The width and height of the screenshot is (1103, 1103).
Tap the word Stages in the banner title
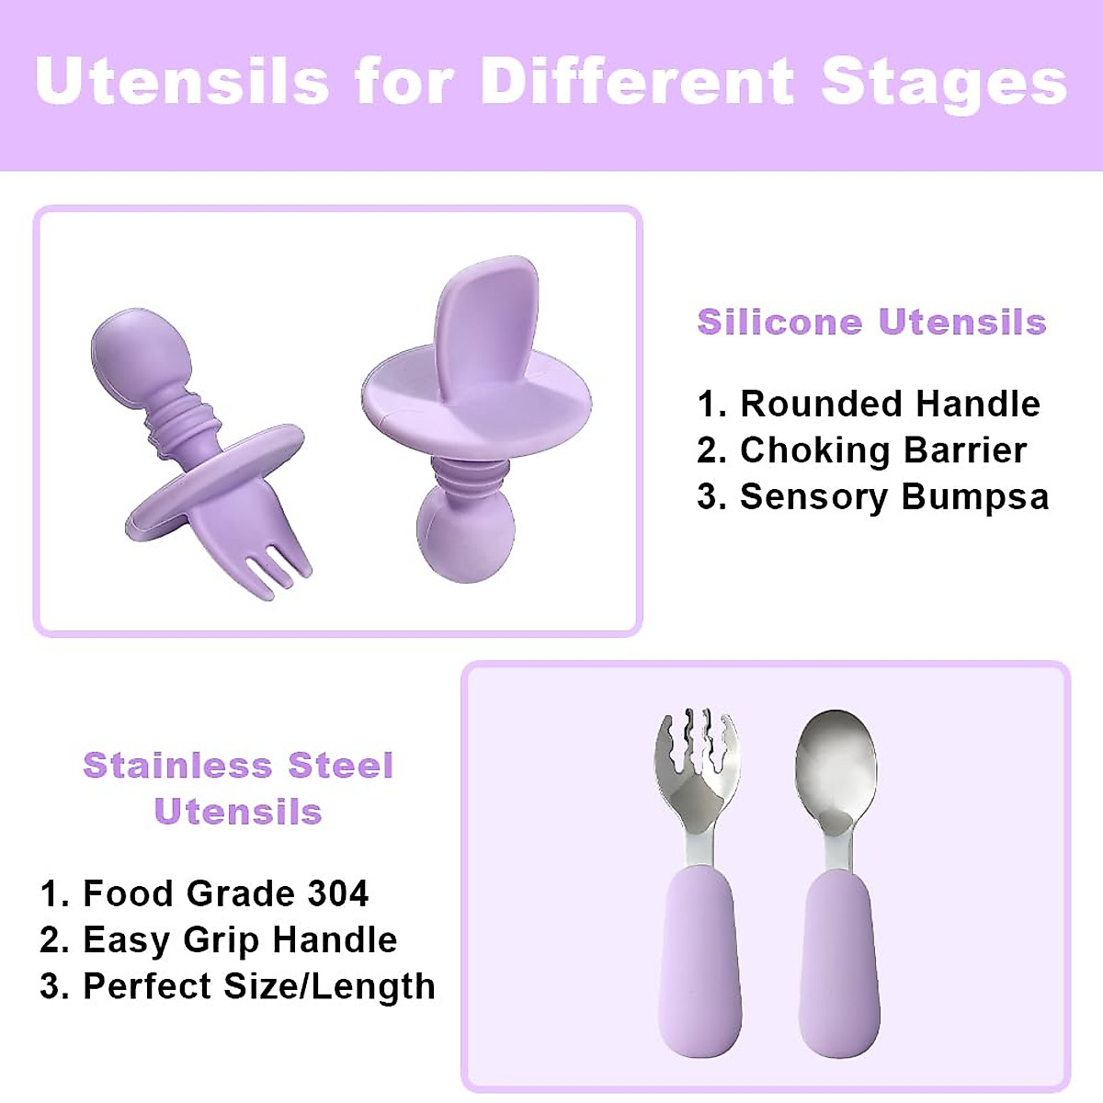[944, 85]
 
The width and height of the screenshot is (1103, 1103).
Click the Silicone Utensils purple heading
[871, 322]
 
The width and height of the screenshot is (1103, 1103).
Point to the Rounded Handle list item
[869, 404]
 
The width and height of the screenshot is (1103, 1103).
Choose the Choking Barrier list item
[861, 449]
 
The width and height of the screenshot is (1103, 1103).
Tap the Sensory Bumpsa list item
[873, 497]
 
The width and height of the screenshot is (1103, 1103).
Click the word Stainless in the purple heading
[177, 766]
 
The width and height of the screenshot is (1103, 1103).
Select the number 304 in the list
[337, 893]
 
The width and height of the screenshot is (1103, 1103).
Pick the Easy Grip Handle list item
[218, 940]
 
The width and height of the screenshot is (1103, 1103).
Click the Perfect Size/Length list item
[237, 987]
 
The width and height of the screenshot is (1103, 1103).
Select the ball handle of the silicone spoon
[466, 536]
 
